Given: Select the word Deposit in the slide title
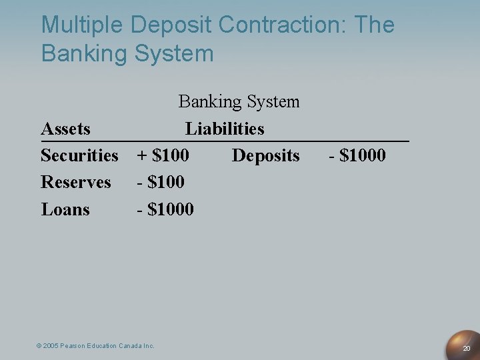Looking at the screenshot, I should coord(171,26).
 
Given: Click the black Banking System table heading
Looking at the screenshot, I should coord(239,102).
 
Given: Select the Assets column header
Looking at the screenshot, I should coord(66,128).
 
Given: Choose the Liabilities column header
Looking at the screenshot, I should coord(225,128).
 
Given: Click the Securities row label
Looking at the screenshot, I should coord(79,155).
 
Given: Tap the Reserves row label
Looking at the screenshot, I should coord(76,182).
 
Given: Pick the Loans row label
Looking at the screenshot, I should coord(65,209).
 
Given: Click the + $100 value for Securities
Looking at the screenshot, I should coord(163,155).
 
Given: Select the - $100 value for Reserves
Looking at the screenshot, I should coord(161,182).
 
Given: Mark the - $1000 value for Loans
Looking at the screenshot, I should coord(165,209).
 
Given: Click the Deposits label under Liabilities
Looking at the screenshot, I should coord(265,155).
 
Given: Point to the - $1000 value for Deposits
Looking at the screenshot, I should coord(357,155).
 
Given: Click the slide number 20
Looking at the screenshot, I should coord(467,349).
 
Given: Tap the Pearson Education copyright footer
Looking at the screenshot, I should coord(95,345).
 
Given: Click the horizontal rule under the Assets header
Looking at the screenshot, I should coord(225,141).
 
